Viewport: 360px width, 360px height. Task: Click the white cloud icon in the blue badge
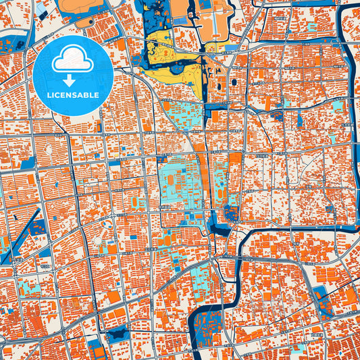(x=73, y=59)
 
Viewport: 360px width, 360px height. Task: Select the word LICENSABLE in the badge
(x=73, y=95)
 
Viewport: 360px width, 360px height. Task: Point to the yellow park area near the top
(x=162, y=51)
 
